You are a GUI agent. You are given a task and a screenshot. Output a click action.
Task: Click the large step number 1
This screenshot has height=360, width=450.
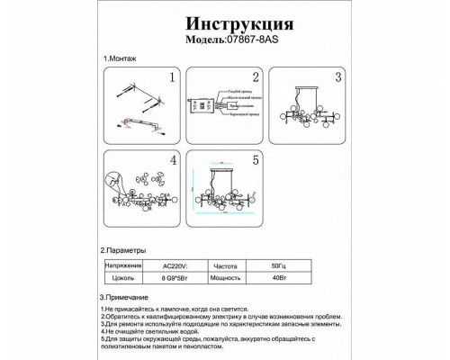(x=170, y=78)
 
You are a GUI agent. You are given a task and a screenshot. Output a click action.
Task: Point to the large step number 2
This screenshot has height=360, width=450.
(x=255, y=78)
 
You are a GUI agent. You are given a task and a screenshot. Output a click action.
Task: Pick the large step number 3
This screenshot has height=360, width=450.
(x=338, y=78)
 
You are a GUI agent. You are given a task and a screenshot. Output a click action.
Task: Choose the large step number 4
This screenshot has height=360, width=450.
(x=170, y=161)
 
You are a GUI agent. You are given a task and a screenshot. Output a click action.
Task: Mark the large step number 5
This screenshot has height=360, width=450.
(x=255, y=161)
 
